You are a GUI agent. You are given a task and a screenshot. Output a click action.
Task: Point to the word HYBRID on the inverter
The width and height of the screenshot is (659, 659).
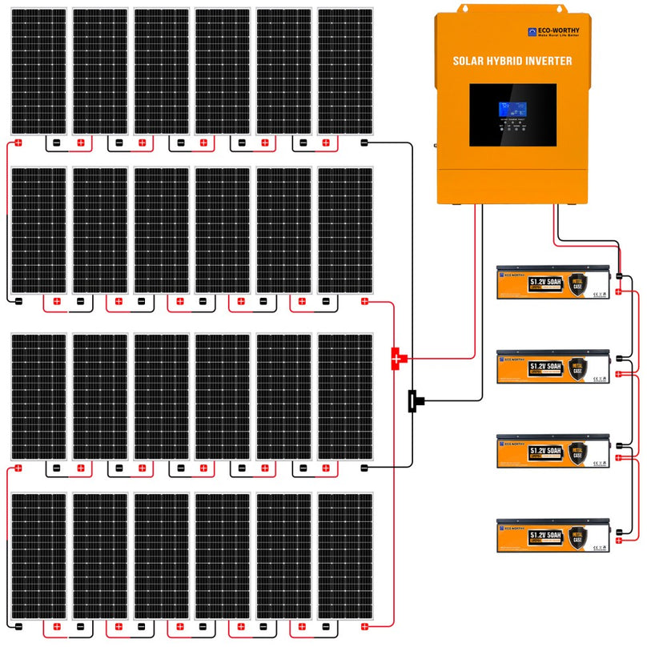[x=510, y=61]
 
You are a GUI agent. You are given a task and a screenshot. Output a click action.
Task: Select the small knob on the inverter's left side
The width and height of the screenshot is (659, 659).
[x=435, y=146]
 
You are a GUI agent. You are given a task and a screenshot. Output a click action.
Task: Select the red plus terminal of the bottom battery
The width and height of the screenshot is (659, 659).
[x=619, y=540]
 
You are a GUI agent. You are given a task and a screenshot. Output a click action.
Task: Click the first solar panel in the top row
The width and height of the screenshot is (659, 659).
[x=38, y=71]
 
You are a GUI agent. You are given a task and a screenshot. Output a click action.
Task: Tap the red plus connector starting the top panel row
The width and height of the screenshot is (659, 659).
[x=18, y=143]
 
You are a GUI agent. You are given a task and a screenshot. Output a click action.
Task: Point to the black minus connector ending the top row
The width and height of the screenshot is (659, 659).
[x=364, y=143]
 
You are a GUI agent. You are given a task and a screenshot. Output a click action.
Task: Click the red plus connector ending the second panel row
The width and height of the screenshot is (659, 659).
[x=364, y=301]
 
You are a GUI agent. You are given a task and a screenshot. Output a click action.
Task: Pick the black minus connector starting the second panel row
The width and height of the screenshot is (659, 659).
[x=18, y=301]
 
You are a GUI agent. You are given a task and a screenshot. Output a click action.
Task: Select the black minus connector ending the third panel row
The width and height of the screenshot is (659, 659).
[x=364, y=467]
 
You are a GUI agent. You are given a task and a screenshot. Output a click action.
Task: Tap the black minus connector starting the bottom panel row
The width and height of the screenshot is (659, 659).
[x=18, y=625]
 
